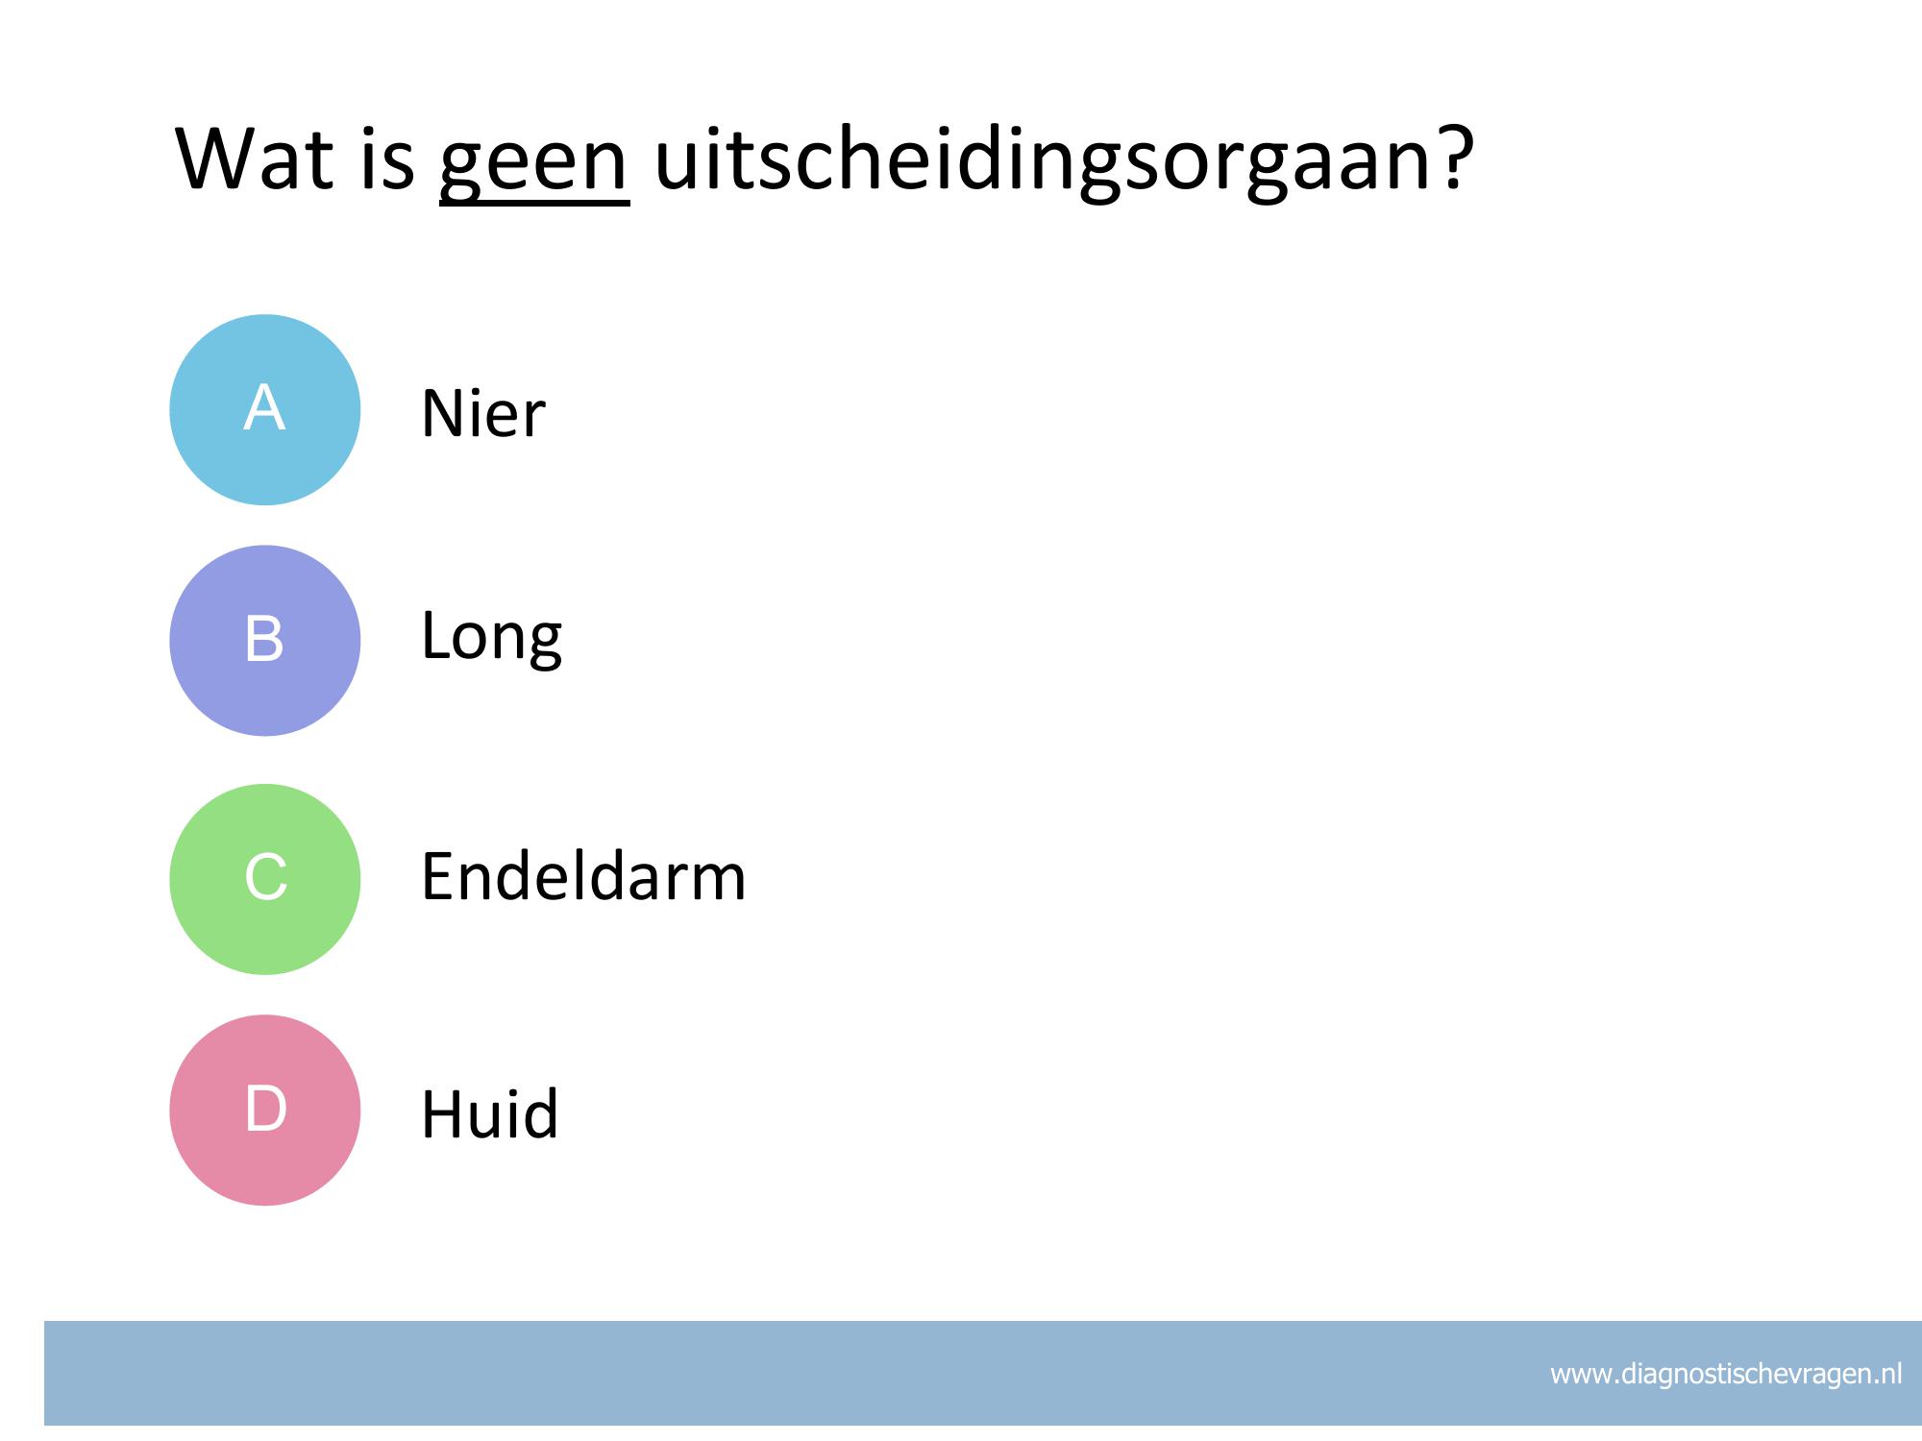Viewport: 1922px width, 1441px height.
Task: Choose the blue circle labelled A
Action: click(x=265, y=409)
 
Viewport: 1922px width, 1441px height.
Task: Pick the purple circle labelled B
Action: click(x=265, y=641)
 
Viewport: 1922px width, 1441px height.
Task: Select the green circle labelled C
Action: click(x=265, y=879)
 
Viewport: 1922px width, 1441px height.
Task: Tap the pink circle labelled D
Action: click(x=265, y=1110)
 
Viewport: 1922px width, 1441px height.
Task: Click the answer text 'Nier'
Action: click(x=483, y=414)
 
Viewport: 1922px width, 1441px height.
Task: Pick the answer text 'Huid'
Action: click(x=490, y=1113)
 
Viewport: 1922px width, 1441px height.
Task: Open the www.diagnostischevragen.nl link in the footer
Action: click(x=1726, y=1375)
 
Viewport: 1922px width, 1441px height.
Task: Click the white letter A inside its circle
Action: click(x=264, y=407)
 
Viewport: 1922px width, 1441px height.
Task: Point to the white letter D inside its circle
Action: click(x=266, y=1109)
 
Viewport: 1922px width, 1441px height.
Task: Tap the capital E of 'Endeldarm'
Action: click(x=437, y=876)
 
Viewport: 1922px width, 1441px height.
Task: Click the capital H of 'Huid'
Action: click(x=442, y=1113)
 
